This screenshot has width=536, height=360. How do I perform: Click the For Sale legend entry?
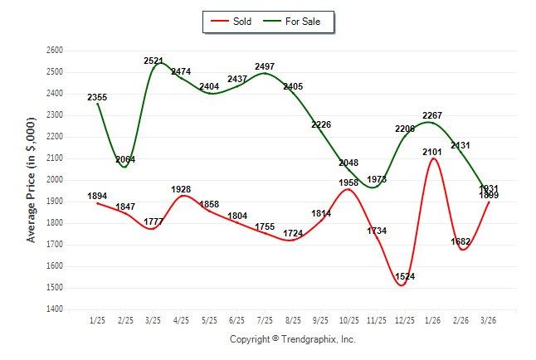[x=302, y=21]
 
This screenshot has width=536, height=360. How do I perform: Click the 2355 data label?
[x=97, y=98]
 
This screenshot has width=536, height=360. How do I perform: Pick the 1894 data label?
[x=97, y=197]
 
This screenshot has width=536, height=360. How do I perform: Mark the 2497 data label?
[x=265, y=66]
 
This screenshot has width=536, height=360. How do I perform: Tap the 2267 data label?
[x=431, y=115]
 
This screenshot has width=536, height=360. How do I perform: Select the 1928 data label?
[x=181, y=189]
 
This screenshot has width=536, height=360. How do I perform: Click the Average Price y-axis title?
[x=32, y=180]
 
